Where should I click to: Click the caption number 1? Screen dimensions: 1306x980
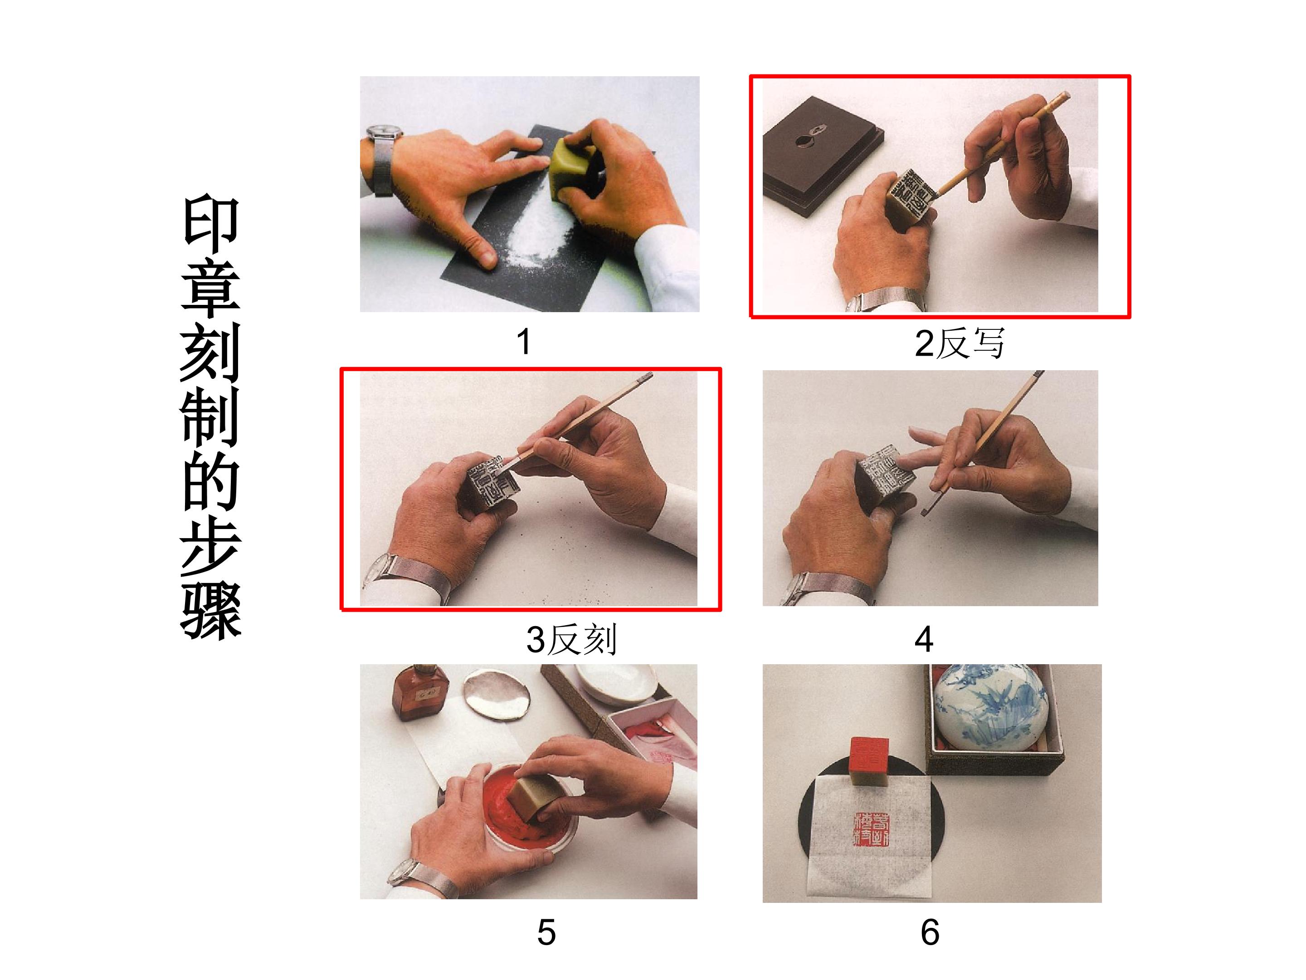pyautogui.click(x=523, y=342)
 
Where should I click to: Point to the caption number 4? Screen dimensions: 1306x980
pyautogui.click(x=923, y=639)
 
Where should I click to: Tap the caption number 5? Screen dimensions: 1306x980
pyautogui.click(x=546, y=932)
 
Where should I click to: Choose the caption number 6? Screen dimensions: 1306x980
pyautogui.click(x=930, y=932)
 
